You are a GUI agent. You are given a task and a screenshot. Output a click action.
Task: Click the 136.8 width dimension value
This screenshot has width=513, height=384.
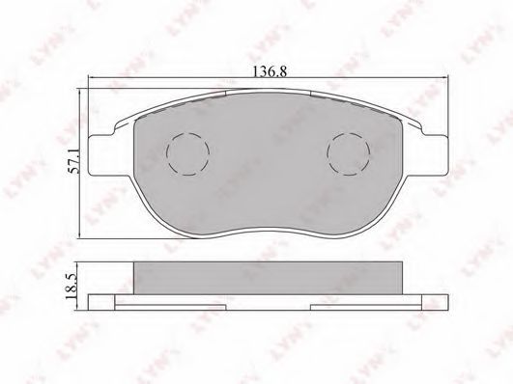270,71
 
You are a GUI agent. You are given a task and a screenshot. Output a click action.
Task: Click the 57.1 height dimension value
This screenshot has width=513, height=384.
74,160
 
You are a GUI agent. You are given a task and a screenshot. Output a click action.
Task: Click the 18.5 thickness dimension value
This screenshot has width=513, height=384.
71,287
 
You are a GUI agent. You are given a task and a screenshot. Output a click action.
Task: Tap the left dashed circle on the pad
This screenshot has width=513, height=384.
187,153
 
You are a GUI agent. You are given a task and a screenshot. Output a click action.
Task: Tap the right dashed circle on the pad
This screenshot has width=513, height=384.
349,153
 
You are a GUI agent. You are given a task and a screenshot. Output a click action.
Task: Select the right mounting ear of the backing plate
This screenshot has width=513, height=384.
434,155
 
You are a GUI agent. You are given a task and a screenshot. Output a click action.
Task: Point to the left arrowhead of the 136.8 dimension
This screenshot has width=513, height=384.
92,78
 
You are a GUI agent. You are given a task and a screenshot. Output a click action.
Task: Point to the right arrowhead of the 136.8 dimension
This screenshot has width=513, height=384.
444,78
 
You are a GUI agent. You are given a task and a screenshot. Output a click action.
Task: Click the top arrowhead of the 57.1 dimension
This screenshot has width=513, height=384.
80,92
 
